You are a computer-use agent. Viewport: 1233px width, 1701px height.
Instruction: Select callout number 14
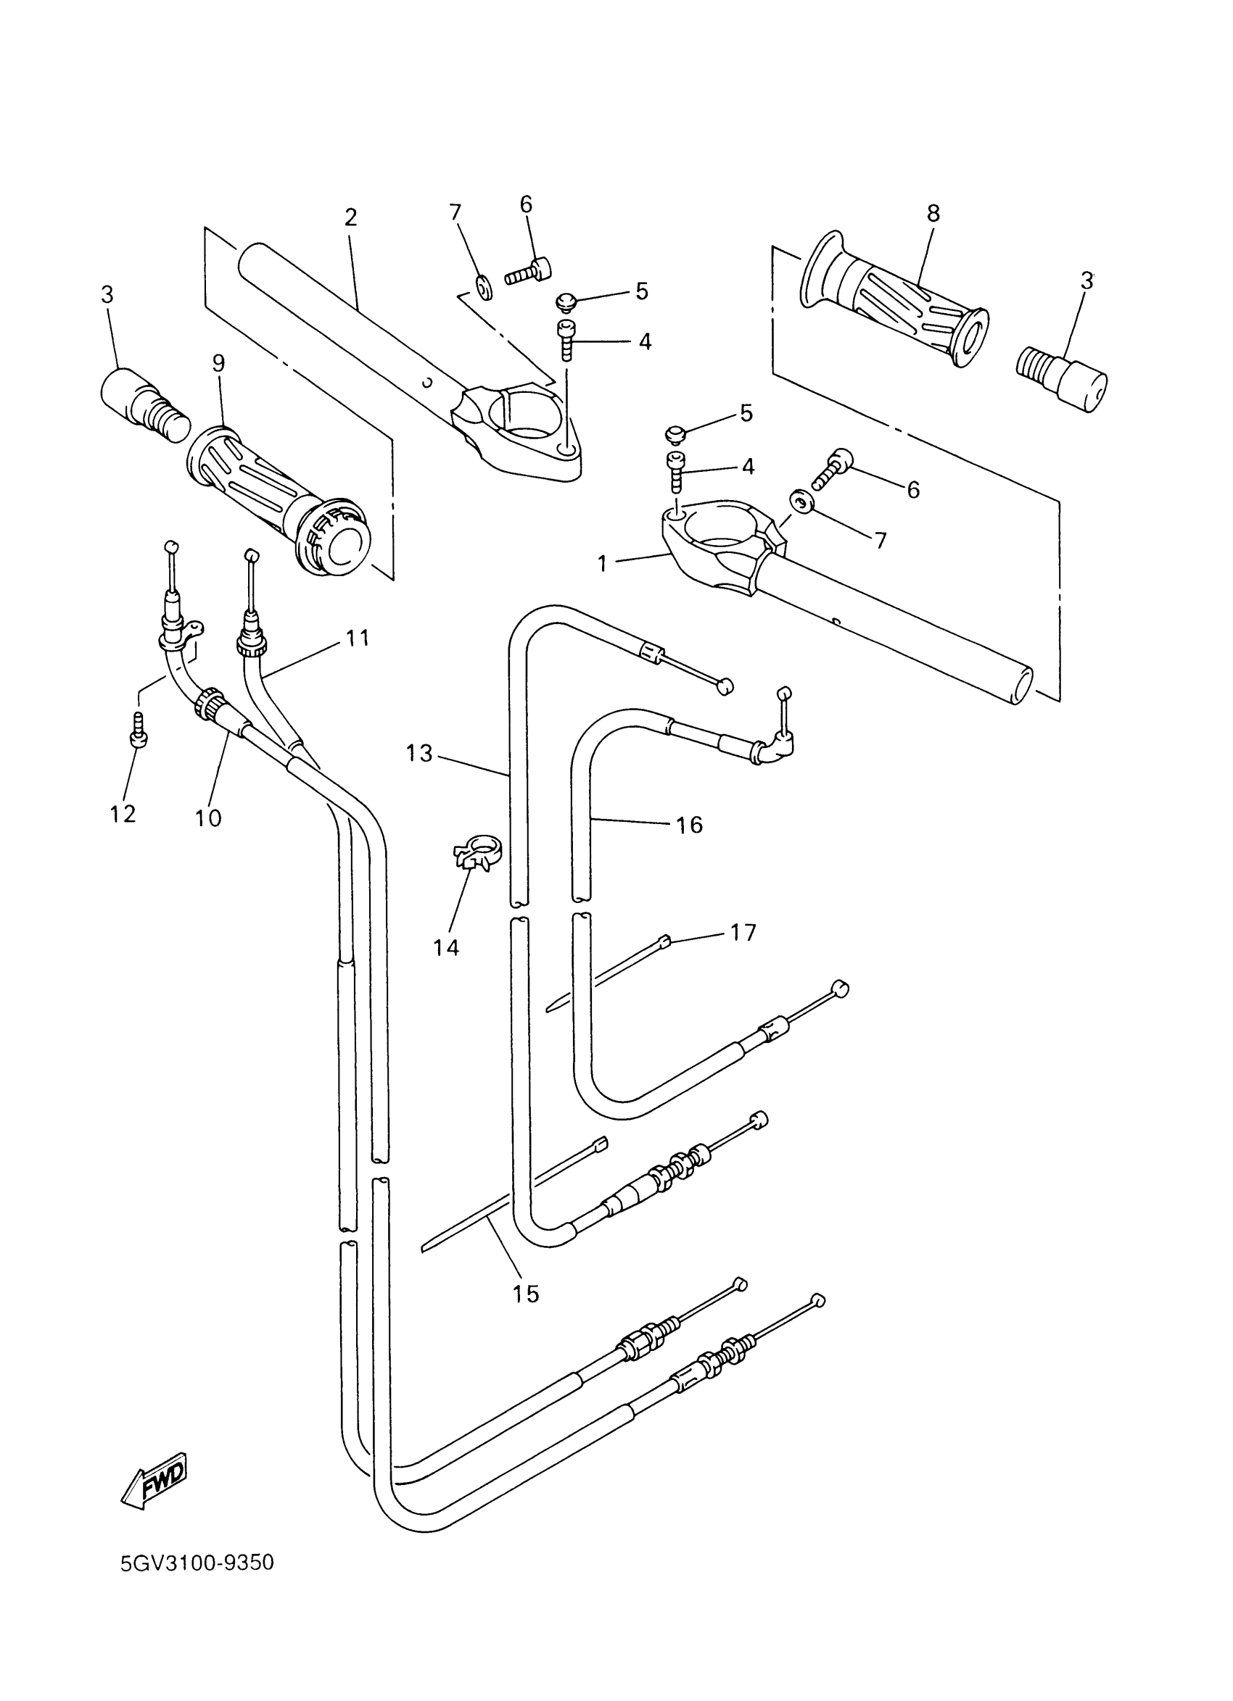446,947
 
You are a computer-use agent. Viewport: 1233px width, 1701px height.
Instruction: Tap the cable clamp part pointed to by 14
477,855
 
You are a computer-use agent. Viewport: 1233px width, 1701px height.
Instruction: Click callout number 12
123,814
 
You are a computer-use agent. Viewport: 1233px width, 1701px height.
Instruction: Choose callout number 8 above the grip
933,214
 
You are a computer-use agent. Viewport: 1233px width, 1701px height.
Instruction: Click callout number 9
218,363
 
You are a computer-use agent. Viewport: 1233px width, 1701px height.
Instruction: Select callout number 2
350,217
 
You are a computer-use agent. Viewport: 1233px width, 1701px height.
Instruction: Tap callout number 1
602,562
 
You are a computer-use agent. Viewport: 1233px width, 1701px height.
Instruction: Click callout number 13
419,753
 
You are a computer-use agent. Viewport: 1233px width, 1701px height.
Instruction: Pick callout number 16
689,825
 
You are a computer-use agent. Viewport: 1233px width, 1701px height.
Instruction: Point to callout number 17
743,932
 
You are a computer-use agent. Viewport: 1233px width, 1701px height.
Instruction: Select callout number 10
208,818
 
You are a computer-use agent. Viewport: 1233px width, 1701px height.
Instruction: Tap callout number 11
358,639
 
